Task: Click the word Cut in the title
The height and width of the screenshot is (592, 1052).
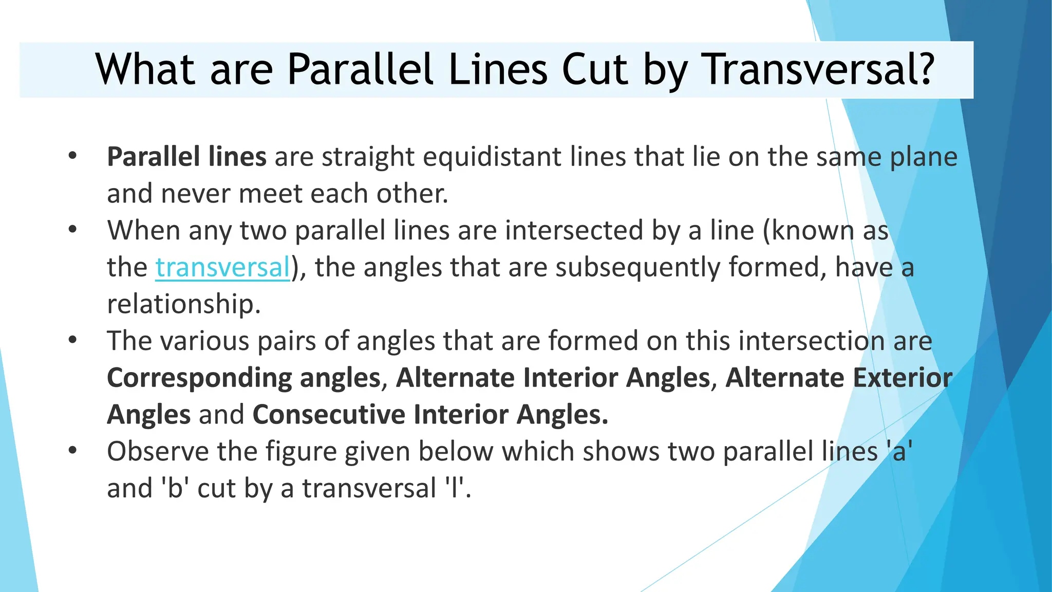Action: (595, 69)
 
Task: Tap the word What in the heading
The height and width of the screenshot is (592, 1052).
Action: (145, 69)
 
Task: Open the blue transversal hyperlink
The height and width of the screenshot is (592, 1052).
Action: (223, 267)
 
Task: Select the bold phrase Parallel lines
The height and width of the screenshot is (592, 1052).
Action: (186, 157)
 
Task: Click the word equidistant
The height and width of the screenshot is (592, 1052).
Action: (492, 157)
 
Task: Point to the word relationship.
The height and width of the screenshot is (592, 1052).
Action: (183, 304)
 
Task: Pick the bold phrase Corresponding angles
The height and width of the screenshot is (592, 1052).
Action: (243, 378)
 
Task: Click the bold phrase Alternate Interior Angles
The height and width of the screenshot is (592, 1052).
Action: (553, 378)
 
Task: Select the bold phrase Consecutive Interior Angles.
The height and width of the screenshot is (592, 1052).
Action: (430, 415)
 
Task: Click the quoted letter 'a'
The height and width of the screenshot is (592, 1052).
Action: (899, 452)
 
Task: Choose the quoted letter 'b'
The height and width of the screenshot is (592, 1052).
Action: (175, 488)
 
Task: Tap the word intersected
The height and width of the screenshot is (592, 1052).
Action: (574, 230)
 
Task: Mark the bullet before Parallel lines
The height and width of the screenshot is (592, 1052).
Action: (72, 155)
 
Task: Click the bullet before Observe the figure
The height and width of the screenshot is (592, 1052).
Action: (72, 451)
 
